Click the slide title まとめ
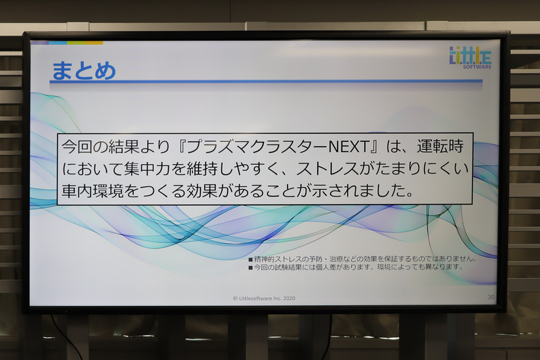[83, 70]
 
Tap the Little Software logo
[470, 57]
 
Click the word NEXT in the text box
[348, 146]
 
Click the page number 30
[491, 297]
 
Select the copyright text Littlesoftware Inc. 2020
[264, 298]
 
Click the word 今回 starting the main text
[78, 146]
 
